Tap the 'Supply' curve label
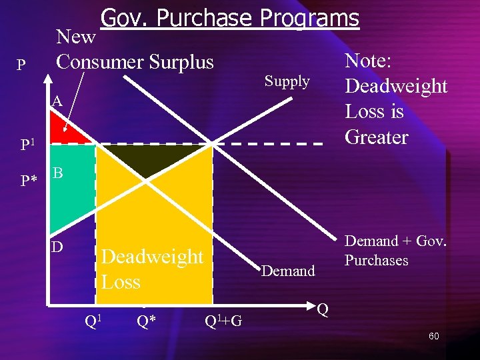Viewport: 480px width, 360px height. (x=287, y=81)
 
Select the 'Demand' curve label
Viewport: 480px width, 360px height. (x=288, y=271)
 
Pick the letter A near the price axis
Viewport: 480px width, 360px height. (x=57, y=101)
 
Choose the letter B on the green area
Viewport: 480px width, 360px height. (x=58, y=173)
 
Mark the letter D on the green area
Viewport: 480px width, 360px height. (x=58, y=247)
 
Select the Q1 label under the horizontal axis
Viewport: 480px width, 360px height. (x=93, y=321)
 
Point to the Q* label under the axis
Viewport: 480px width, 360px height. (x=146, y=321)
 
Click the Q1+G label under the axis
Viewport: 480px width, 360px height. (x=223, y=322)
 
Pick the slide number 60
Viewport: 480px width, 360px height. (x=433, y=336)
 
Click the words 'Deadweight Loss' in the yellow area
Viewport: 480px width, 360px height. (x=152, y=269)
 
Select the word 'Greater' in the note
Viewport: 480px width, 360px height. (x=376, y=137)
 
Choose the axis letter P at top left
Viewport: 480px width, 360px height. (x=22, y=65)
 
